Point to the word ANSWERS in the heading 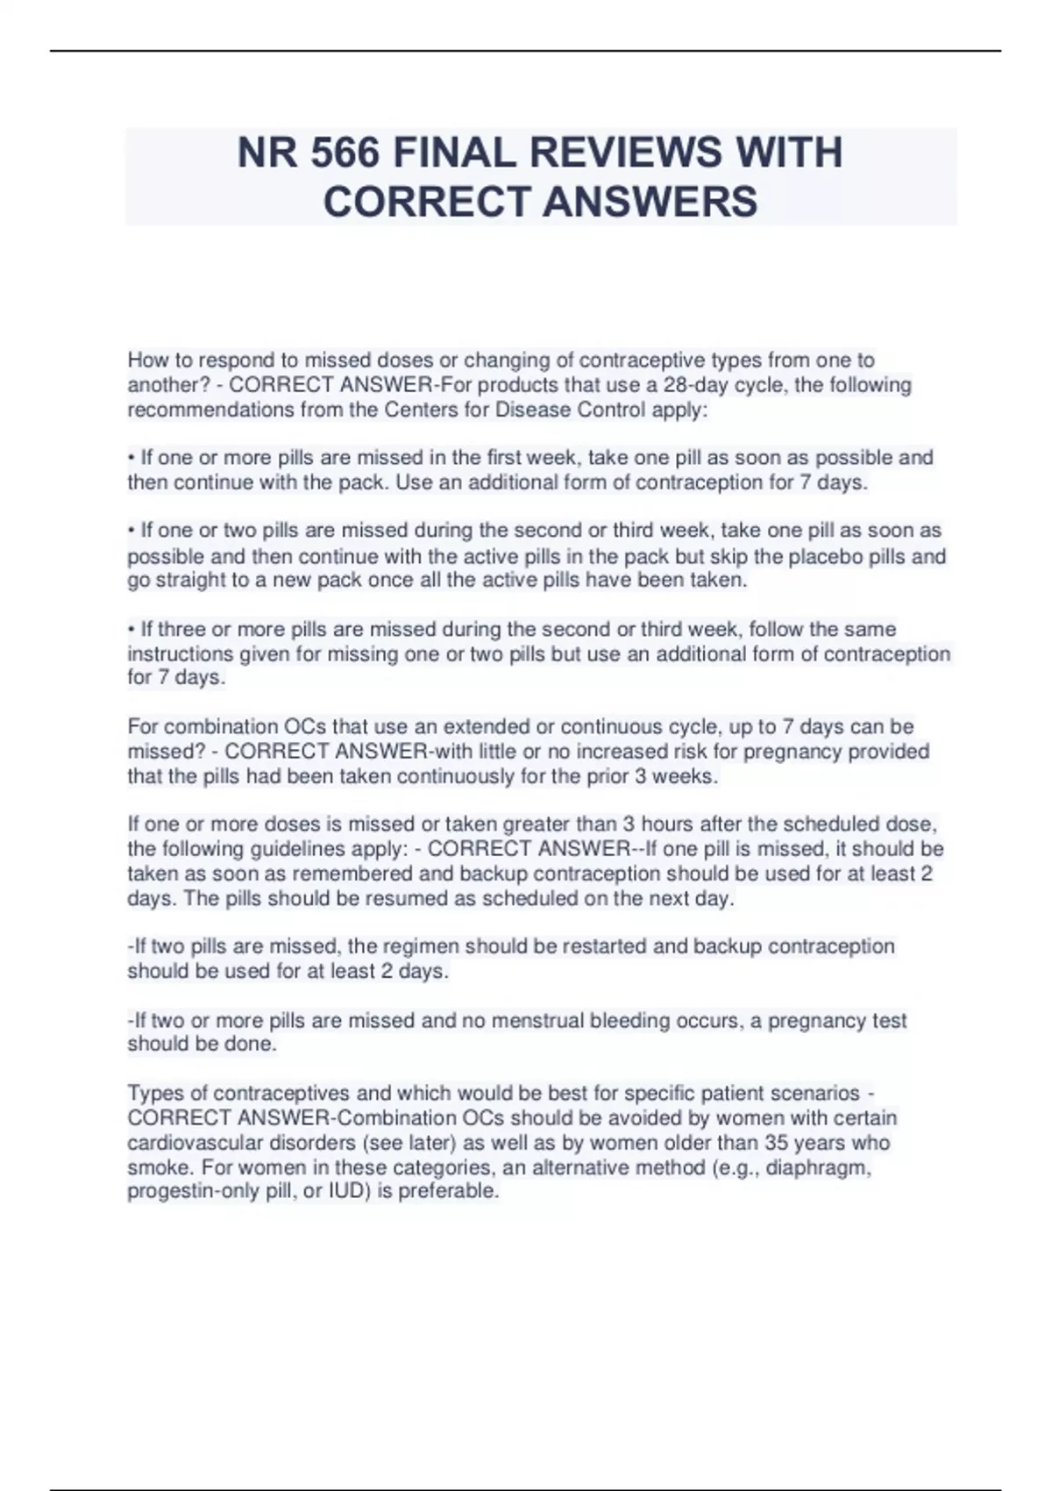click(x=650, y=202)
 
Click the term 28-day click(x=698, y=385)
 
